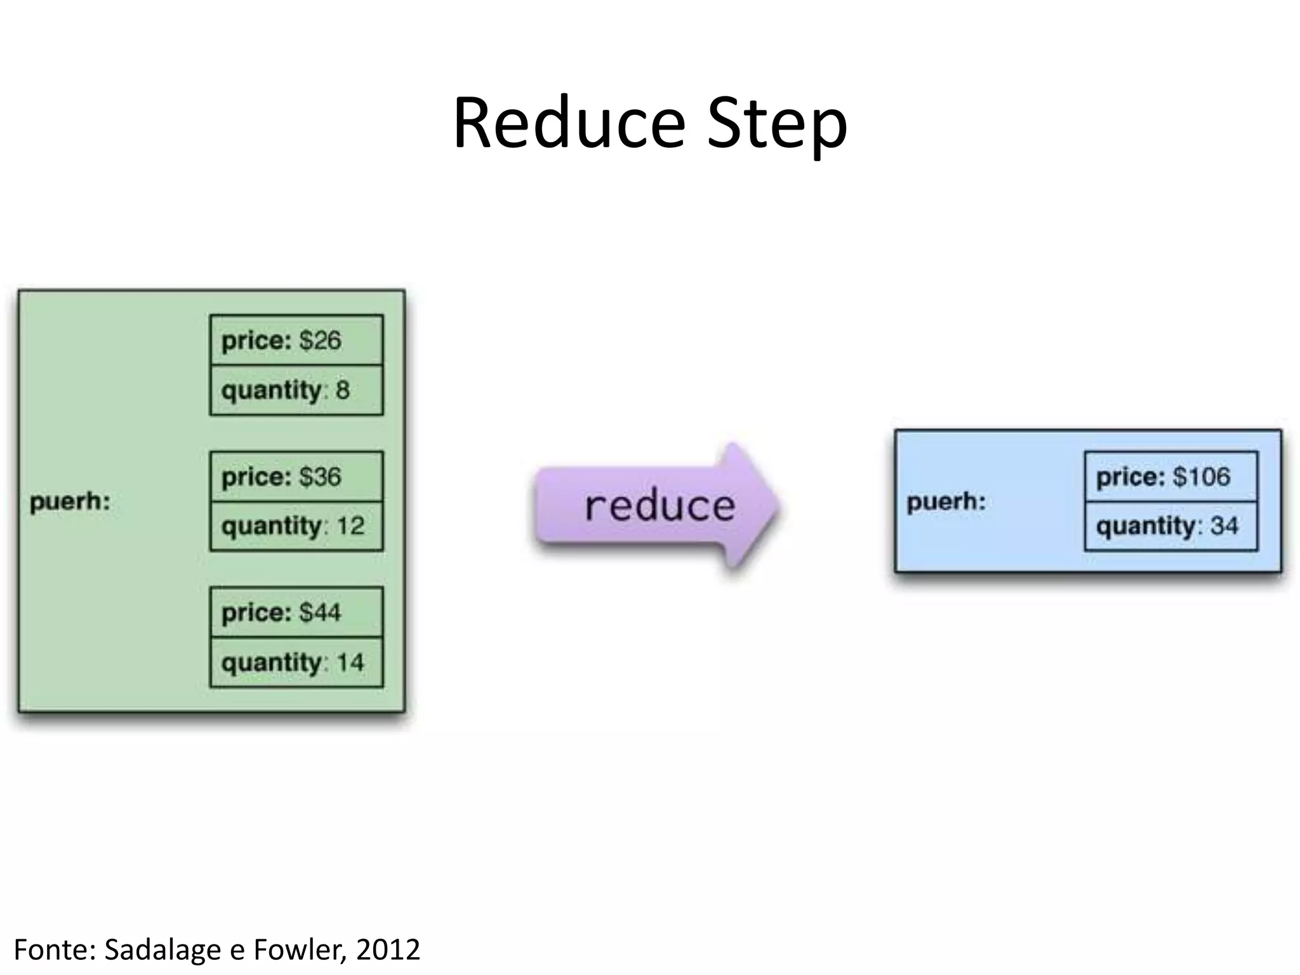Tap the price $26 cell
(x=296, y=340)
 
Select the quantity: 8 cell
(x=296, y=390)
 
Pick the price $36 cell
(x=296, y=477)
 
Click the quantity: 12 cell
(x=296, y=526)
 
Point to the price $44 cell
(x=296, y=613)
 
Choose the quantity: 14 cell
(x=296, y=663)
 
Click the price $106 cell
(x=1171, y=477)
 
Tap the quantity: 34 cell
(x=1171, y=526)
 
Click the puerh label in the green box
(x=70, y=502)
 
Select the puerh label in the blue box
(x=946, y=502)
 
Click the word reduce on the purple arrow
(x=660, y=506)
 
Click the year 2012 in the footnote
(x=388, y=950)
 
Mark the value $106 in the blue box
(x=1201, y=477)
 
